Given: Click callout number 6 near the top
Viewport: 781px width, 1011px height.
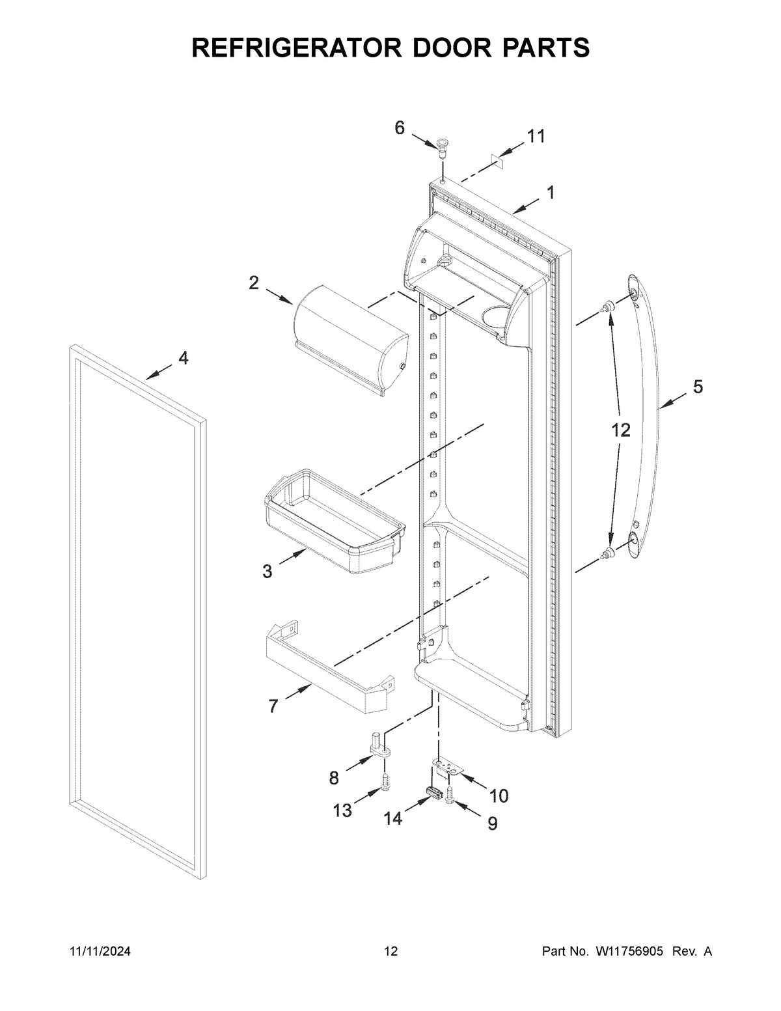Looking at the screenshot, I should coord(400,128).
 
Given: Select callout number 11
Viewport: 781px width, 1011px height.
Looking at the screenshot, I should coord(536,137).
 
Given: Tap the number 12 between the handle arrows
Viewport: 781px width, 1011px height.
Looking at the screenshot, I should coord(620,430).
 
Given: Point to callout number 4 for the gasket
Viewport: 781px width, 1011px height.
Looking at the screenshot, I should coord(184,358).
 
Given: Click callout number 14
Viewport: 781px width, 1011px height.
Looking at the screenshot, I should coord(392,818).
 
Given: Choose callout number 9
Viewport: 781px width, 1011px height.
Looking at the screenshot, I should coord(492,824).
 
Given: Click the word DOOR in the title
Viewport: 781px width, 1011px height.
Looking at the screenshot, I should coord(435,48).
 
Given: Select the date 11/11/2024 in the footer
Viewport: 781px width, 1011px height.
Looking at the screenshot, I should coord(100,952).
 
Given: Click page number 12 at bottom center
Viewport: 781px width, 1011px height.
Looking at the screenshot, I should coord(390,952).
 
